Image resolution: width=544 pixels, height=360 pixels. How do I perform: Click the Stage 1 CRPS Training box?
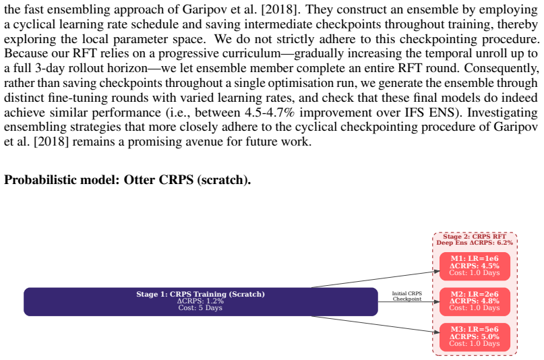(200, 301)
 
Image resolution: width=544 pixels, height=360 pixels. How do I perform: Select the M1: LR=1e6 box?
(475, 266)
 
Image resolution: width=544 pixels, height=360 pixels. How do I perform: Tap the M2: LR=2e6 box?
(475, 301)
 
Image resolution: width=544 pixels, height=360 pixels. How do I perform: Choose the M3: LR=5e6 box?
(475, 337)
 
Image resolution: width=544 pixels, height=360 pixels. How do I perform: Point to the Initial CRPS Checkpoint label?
(407, 296)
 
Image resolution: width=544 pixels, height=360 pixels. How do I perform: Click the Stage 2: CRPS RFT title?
(475, 237)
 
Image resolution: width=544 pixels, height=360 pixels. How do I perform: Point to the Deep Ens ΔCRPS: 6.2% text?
(475, 243)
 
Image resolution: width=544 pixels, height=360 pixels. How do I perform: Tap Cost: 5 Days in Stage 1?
(200, 308)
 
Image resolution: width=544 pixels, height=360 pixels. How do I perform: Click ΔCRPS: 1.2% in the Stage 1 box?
(200, 301)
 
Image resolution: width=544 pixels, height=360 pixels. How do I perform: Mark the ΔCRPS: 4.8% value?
(475, 301)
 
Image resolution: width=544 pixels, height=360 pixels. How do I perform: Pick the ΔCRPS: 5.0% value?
(475, 337)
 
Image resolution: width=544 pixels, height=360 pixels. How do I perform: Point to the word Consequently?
(502, 68)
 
